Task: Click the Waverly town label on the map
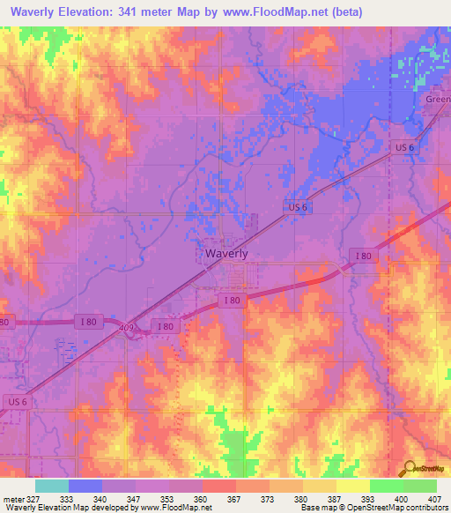coord(225,253)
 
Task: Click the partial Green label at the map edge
coord(439,100)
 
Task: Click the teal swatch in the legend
coord(52,486)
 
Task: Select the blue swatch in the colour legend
coord(85,486)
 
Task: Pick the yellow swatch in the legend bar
coord(352,486)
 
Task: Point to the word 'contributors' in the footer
coord(425,508)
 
